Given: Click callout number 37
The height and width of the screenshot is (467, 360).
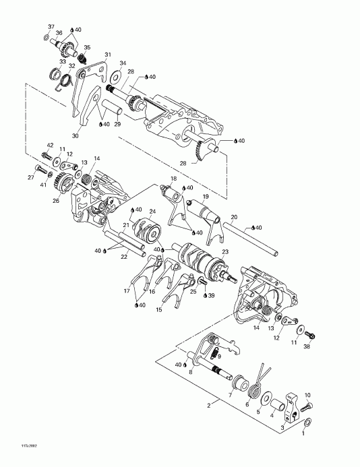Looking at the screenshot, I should point(50,26).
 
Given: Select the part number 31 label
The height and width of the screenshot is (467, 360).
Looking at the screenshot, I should point(107,55).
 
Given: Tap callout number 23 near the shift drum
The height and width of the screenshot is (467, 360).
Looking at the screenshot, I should point(225,251).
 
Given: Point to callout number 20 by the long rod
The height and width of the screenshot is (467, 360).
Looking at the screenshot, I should point(234,217).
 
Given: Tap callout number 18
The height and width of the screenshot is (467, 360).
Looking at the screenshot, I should point(173,179).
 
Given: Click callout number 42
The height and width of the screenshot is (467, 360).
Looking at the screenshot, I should point(50,146).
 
